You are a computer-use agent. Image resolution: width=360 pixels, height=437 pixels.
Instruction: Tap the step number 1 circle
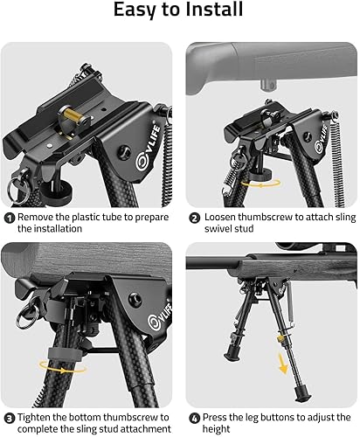click(x=9, y=217)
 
